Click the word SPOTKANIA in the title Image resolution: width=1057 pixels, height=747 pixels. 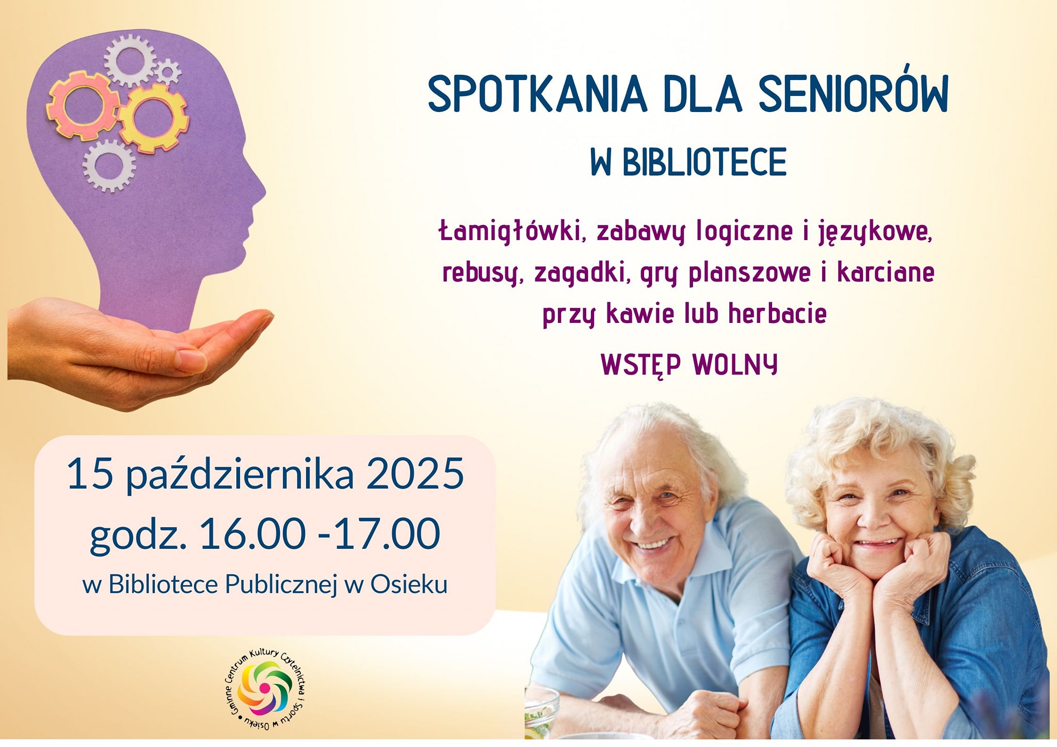click(x=537, y=94)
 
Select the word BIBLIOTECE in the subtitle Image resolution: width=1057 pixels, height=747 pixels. click(x=704, y=162)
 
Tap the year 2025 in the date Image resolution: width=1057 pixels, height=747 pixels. click(x=415, y=474)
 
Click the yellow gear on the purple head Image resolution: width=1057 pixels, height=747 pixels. click(x=154, y=118)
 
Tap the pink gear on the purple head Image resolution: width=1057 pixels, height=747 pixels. click(x=83, y=106)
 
